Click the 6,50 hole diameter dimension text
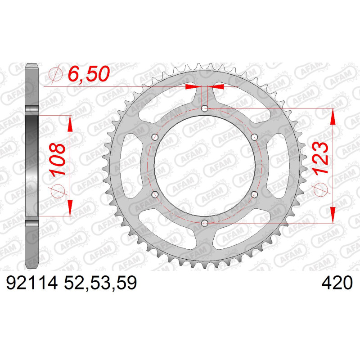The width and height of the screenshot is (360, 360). (x=89, y=74)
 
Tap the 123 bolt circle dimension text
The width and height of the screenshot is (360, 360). (x=319, y=158)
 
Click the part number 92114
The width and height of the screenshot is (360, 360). (x=31, y=283)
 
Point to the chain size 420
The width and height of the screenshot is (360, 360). (x=337, y=283)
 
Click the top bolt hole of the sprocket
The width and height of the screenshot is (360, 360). (x=204, y=108)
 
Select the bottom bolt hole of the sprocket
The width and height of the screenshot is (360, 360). (x=204, y=223)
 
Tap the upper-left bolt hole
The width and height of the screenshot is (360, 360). (x=155, y=137)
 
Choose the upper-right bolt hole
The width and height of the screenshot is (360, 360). (x=254, y=137)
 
